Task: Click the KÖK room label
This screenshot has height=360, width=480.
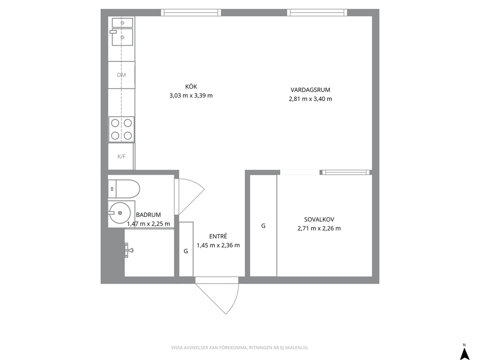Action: [191, 87]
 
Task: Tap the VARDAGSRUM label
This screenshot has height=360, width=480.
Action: [311, 90]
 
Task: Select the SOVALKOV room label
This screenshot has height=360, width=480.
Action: [319, 220]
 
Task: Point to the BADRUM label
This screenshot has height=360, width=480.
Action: [149, 215]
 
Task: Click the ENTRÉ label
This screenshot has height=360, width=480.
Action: [218, 236]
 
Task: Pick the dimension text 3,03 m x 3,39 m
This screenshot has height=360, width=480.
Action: [191, 95]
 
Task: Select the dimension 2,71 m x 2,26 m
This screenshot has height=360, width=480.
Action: [319, 228]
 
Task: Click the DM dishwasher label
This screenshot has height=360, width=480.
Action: [121, 75]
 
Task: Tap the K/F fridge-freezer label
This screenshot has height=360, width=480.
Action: [121, 156]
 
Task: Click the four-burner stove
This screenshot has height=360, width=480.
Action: [121, 129]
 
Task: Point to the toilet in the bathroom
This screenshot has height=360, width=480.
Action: [124, 189]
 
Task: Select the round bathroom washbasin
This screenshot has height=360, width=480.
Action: [120, 213]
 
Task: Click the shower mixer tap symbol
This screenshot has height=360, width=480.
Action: [129, 250]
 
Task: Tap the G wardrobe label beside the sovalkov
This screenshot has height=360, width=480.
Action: [263, 226]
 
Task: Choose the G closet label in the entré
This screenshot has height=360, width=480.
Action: [186, 251]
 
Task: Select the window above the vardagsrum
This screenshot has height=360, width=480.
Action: [317, 13]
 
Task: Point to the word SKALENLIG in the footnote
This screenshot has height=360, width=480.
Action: [297, 348]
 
